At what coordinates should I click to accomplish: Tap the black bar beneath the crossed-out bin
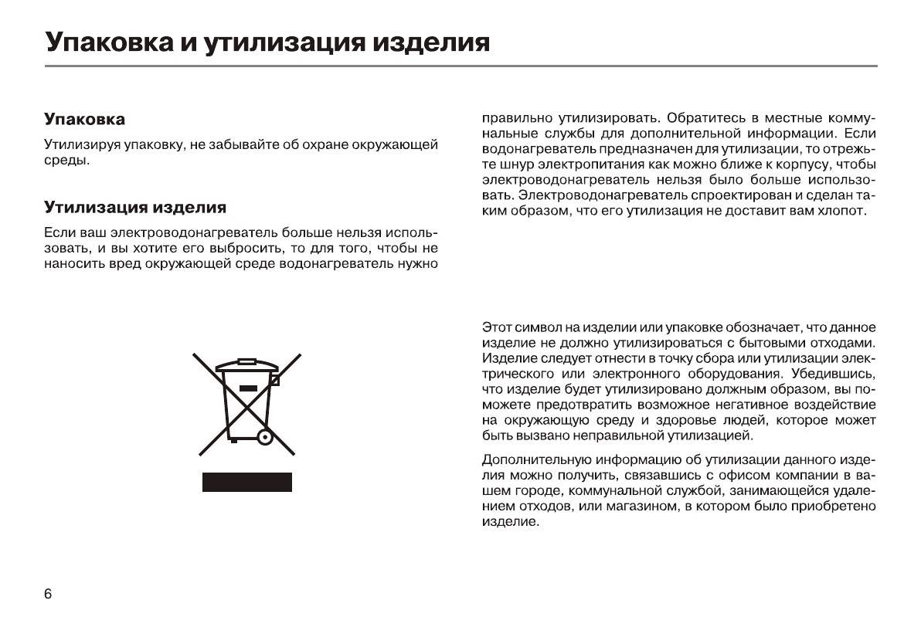pos(247,482)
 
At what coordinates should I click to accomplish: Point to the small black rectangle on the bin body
pos(247,388)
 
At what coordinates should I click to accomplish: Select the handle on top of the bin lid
pos(246,360)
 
